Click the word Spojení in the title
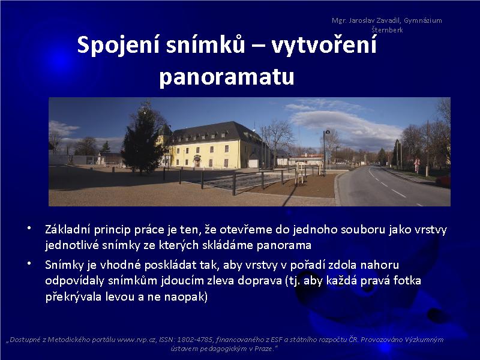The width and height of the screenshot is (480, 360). click(118, 45)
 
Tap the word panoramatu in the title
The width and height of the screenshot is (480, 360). click(227, 77)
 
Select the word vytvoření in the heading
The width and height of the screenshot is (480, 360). click(324, 45)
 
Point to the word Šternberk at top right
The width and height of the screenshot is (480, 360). click(387, 29)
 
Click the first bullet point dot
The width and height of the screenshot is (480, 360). click(29, 228)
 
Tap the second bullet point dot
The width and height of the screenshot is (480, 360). click(29, 263)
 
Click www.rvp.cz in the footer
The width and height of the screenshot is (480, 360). click(136, 340)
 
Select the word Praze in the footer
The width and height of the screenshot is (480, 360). click(263, 349)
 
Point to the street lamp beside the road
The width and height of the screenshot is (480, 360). click(325, 152)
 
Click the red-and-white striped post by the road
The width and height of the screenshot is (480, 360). click(416, 166)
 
